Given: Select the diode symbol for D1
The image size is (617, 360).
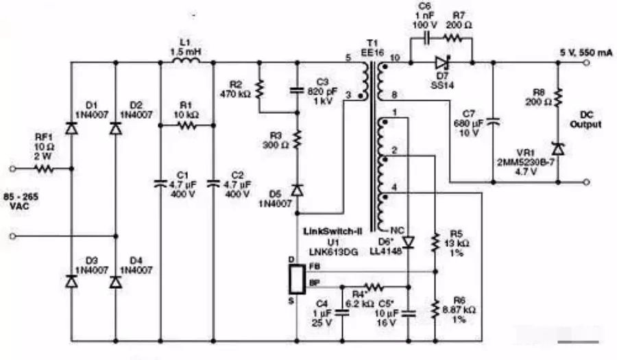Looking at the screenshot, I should [71, 128].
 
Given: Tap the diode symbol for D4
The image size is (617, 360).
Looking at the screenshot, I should [115, 280].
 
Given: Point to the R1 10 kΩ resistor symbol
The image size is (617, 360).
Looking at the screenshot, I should [186, 125].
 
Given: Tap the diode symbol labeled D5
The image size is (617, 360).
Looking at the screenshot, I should [296, 189].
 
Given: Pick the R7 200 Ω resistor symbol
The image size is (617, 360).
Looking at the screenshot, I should [458, 38].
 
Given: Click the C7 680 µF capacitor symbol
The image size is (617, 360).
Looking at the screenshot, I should [494, 122].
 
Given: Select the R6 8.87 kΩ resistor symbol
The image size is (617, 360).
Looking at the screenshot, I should [435, 309].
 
